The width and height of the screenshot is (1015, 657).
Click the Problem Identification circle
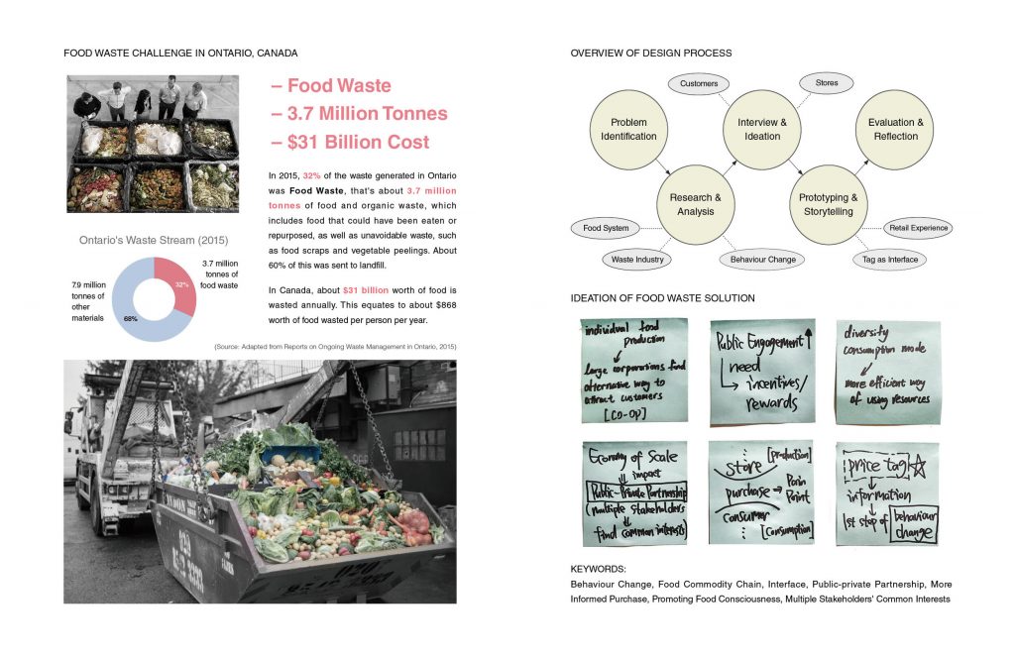[628, 129]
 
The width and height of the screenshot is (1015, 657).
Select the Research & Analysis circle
[695, 204]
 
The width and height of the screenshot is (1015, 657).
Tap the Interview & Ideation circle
[762, 129]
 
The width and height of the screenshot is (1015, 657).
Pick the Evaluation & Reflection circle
[895, 129]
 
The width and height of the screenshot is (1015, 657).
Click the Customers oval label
[699, 84]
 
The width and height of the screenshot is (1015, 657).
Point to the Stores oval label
[826, 83]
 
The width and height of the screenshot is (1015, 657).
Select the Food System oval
[606, 228]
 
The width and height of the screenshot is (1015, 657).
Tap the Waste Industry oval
[637, 260]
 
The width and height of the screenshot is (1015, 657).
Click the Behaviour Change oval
[762, 260]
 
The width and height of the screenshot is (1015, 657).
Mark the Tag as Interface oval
[889, 260]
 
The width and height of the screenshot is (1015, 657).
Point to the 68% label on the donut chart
[131, 319]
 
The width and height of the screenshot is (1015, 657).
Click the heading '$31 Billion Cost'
[350, 142]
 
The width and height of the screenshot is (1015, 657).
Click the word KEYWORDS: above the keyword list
[599, 570]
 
